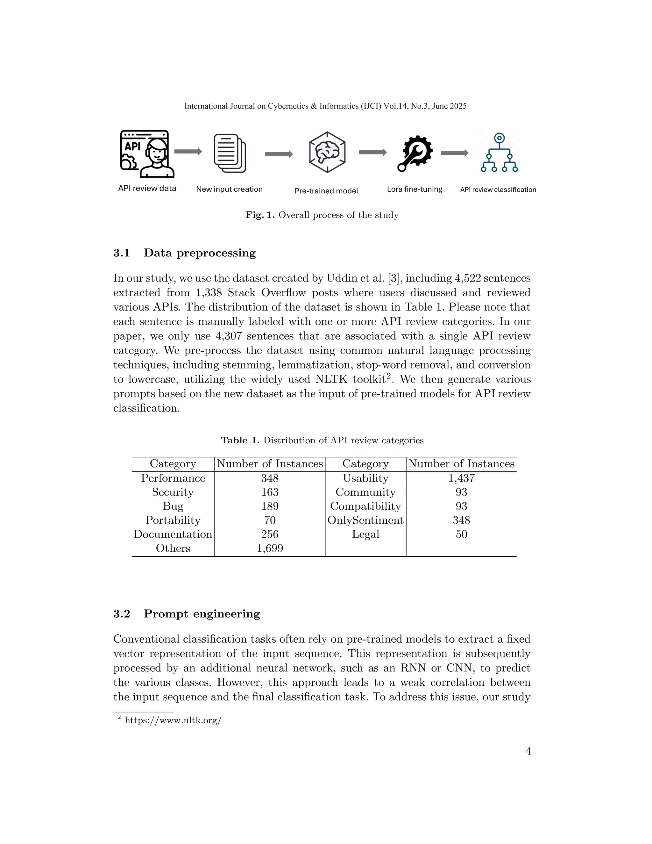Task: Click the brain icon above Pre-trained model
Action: tap(327, 152)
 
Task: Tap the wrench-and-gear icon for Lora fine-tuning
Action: tap(415, 153)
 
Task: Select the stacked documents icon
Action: tap(230, 153)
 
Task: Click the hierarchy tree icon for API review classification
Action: tap(499, 153)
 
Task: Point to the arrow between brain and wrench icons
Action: tap(372, 153)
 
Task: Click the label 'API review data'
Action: tap(147, 188)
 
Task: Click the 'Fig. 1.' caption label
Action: tap(259, 215)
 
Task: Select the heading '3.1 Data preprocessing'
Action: tap(184, 253)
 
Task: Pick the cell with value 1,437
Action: tap(461, 478)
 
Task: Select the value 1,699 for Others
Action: tap(270, 548)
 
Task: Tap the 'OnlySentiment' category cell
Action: tap(365, 520)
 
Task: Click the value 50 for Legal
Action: tap(461, 534)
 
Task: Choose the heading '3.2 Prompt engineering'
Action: tap(187, 614)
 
